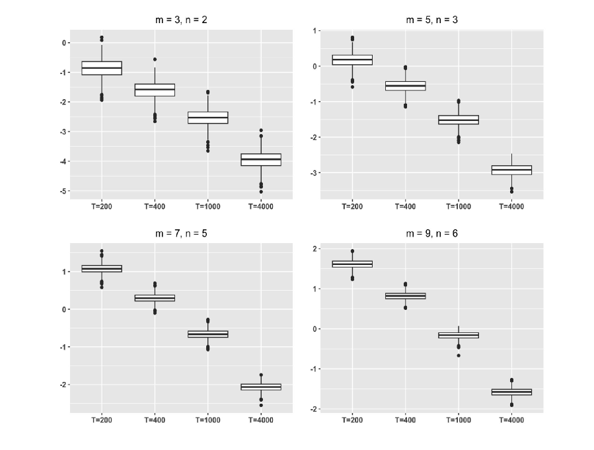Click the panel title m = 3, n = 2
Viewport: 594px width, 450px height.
[x=180, y=20]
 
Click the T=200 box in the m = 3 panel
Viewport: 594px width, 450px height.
[x=101, y=67]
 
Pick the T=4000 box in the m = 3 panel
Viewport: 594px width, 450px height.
[x=261, y=159]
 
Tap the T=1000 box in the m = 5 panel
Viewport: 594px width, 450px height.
[x=459, y=120]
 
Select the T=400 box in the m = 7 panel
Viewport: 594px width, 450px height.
[x=155, y=298]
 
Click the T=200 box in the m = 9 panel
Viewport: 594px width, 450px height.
[x=352, y=264]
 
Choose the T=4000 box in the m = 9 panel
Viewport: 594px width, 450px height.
[x=512, y=392]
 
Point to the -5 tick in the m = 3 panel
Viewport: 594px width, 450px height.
[x=64, y=191]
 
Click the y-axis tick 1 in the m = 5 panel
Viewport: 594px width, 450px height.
[x=315, y=30]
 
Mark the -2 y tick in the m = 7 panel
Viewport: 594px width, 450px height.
[x=64, y=385]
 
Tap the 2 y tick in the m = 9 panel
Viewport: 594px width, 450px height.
[x=316, y=248]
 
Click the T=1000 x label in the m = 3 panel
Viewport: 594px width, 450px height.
[x=207, y=206]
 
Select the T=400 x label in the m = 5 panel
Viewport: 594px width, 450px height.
[x=405, y=206]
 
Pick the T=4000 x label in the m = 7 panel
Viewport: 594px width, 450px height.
[x=261, y=420]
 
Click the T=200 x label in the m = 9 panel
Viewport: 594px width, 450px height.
[x=352, y=420]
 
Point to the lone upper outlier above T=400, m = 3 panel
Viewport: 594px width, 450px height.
[x=155, y=59]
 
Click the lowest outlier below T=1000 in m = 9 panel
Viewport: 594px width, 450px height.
[x=459, y=356]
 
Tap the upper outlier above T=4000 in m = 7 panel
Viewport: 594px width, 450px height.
[x=261, y=375]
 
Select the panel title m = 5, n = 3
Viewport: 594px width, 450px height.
[x=431, y=20]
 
